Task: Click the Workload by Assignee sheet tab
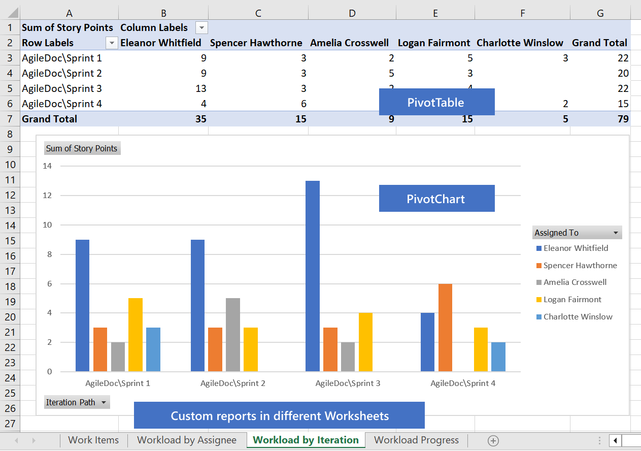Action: (187, 440)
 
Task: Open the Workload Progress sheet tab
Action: (416, 440)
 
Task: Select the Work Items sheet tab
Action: (93, 440)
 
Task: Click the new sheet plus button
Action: (493, 440)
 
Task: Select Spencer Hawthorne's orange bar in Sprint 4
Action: (445, 328)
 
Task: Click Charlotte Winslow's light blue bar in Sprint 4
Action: (498, 357)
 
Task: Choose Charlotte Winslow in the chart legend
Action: (578, 317)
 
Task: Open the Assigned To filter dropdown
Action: (616, 233)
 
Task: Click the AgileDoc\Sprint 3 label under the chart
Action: (348, 383)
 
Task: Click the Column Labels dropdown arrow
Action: (201, 28)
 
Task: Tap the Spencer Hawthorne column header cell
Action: (256, 43)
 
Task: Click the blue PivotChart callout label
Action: (436, 199)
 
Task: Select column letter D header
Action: (352, 13)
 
